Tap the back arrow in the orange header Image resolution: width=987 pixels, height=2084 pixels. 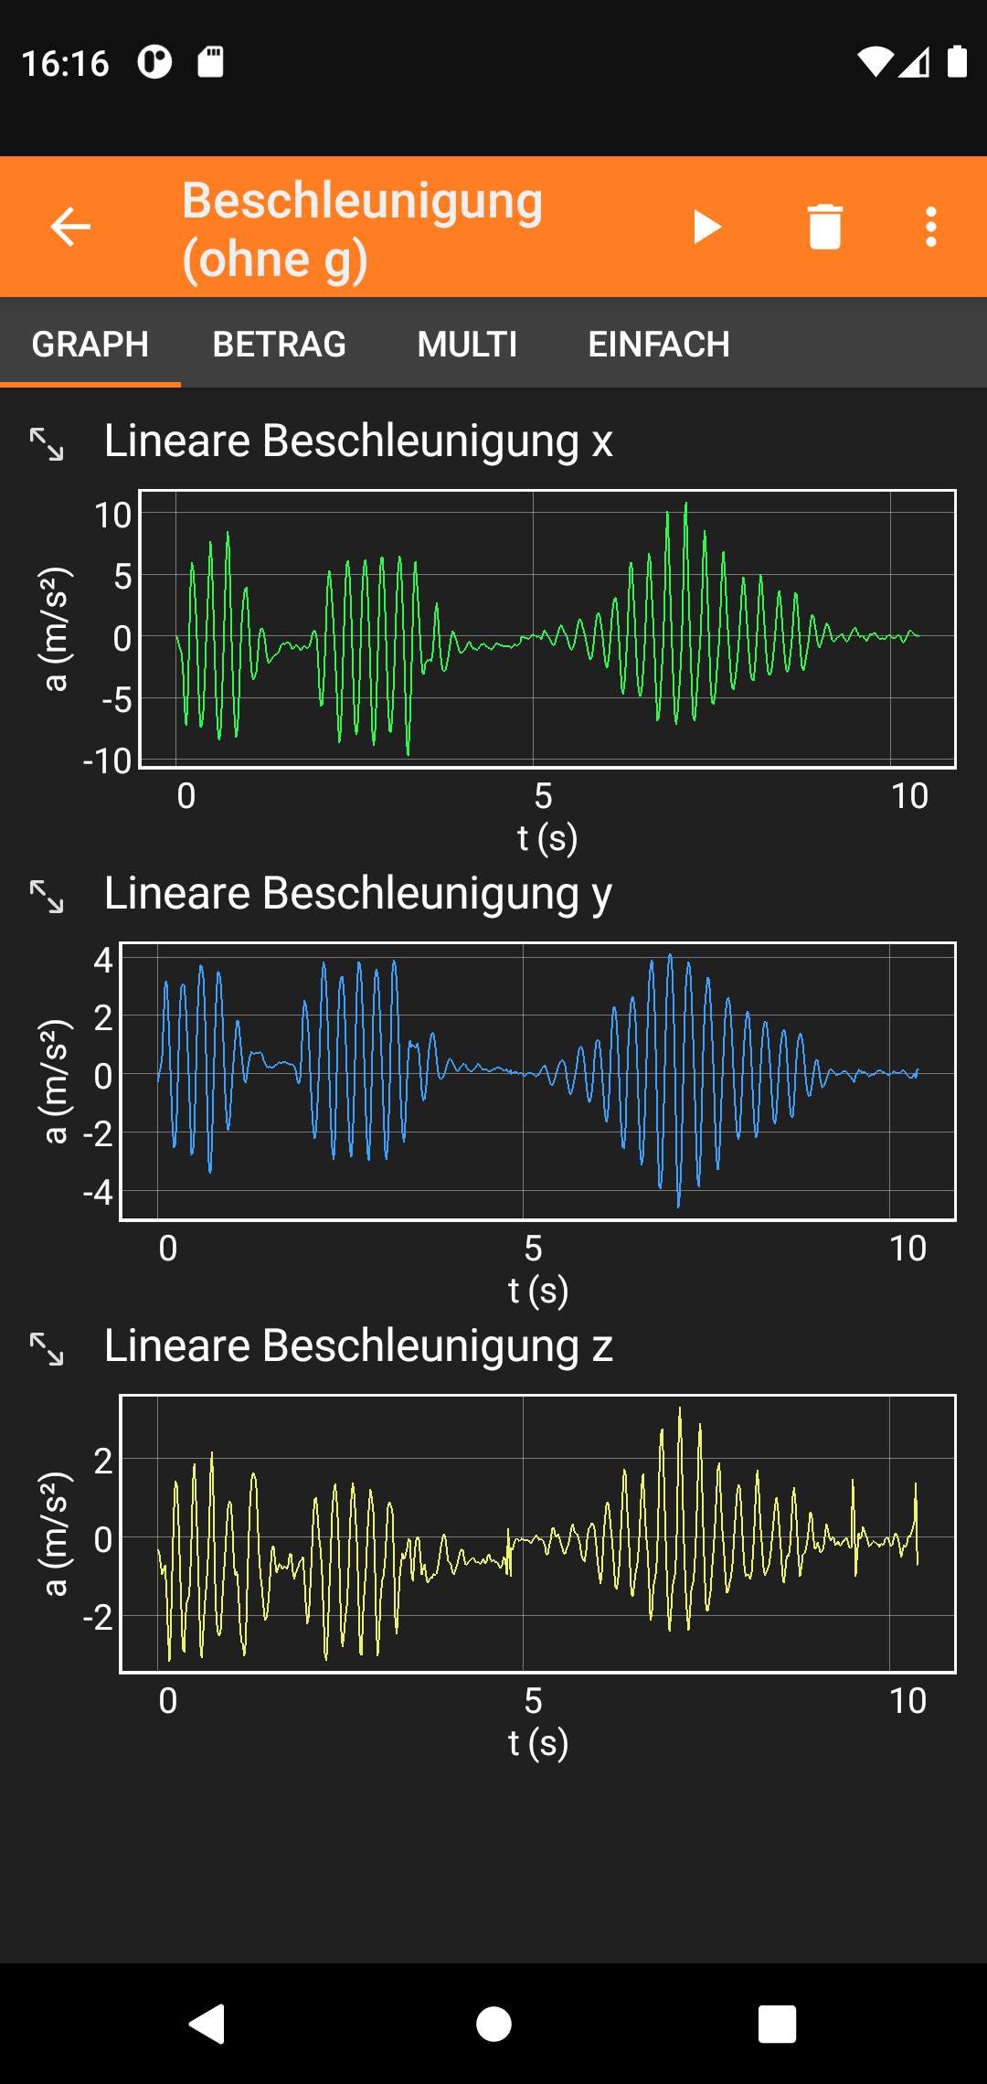(70, 227)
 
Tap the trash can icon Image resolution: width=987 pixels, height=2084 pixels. (824, 227)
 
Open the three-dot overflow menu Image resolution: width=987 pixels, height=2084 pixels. (930, 227)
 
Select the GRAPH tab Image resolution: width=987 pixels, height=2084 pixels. (90, 345)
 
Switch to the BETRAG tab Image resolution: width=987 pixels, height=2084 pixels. (279, 345)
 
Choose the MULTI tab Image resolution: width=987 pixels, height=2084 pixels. (467, 345)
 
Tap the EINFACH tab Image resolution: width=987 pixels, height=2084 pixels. (658, 345)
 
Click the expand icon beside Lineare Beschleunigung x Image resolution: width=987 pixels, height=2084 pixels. (47, 443)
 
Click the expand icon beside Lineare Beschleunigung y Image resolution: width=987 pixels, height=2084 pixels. (47, 896)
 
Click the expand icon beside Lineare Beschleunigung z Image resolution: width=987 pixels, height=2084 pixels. (47, 1348)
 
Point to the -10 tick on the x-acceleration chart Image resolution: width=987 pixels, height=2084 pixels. (108, 760)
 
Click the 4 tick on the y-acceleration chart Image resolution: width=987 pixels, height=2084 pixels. (103, 960)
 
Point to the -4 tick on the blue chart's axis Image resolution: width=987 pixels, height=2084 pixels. (98, 1192)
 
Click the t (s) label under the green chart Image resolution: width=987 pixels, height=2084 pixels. (547, 837)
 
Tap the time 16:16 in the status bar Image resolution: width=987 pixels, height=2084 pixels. (65, 63)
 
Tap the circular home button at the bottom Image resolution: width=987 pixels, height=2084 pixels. (493, 2024)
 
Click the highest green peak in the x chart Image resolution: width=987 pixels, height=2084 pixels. (685, 505)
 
